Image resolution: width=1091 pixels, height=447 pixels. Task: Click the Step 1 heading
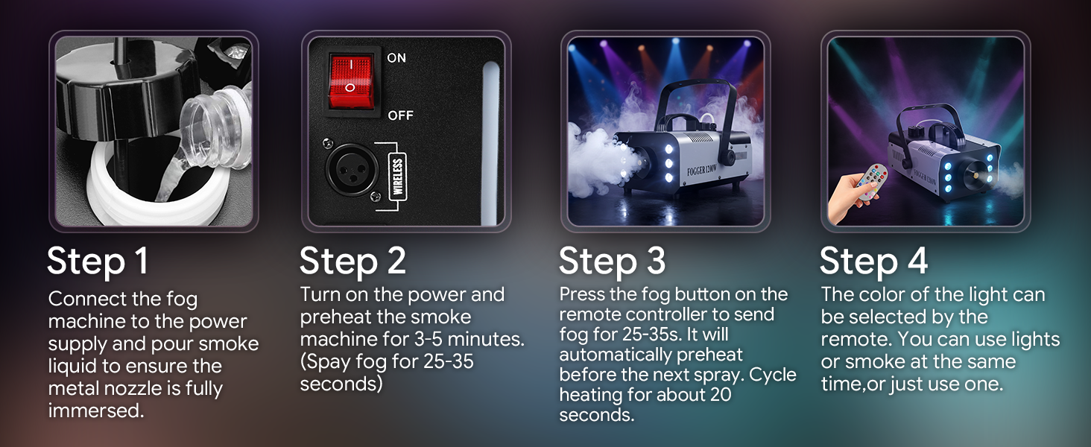(x=98, y=261)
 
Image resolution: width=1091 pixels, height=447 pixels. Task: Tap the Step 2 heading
(x=352, y=261)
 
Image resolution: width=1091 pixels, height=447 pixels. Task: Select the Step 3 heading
(x=613, y=261)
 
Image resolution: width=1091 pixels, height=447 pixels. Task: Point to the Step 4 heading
(x=874, y=261)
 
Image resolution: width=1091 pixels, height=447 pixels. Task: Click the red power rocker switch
(x=351, y=81)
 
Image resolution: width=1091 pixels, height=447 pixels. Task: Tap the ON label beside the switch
(x=396, y=58)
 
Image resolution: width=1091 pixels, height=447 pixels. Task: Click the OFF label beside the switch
(x=400, y=115)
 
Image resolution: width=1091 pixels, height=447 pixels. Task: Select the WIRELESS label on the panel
(x=398, y=177)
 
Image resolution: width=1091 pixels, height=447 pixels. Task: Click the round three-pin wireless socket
(x=351, y=169)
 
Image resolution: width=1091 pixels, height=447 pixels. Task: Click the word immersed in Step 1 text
(x=95, y=410)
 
